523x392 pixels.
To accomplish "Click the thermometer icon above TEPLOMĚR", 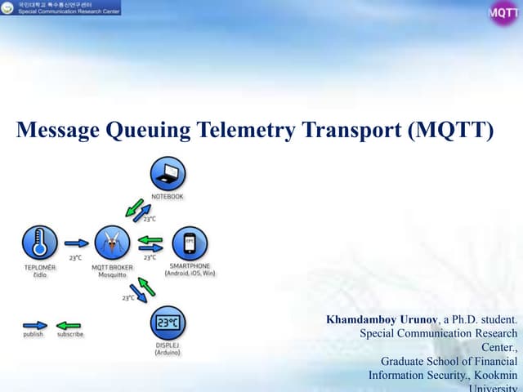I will click(39, 243).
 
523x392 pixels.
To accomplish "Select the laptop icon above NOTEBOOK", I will click(168, 173).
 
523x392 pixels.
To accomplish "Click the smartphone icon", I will click(190, 243).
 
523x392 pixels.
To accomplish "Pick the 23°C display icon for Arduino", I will click(168, 323).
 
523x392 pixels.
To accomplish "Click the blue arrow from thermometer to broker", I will click(76, 243).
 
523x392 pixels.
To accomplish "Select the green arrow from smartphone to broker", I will click(150, 239).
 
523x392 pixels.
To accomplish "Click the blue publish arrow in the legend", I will click(34, 324).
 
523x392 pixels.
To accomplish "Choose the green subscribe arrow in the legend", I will click(69, 324).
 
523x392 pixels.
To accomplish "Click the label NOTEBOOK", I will click(167, 197).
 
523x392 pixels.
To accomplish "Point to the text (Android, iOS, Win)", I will click(190, 274).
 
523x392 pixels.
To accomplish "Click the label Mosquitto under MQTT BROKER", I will click(112, 274).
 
